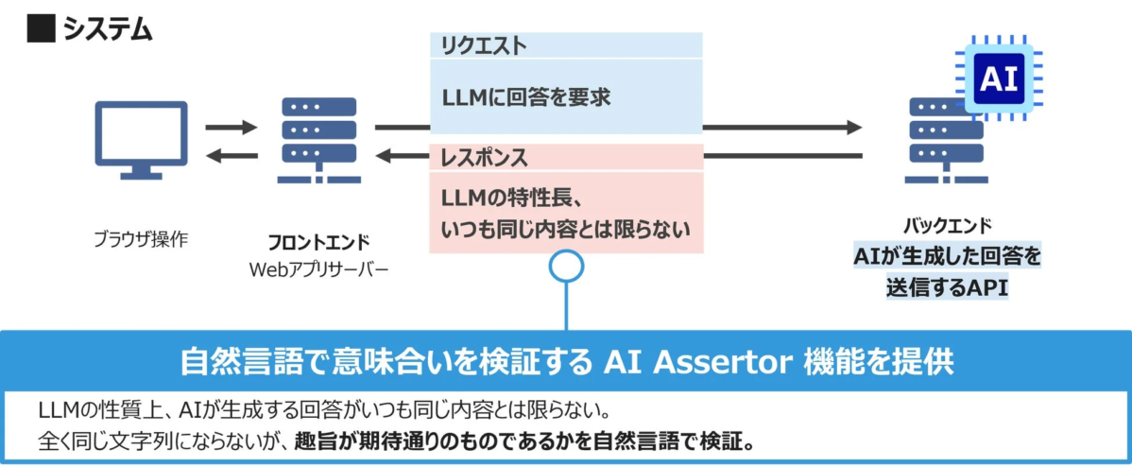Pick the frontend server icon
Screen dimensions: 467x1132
click(318, 140)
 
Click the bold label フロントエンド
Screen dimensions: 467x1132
click(318, 241)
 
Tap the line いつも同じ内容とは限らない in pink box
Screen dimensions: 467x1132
click(565, 228)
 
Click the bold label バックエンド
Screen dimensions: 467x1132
click(947, 226)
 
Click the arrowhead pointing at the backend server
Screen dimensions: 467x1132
click(854, 127)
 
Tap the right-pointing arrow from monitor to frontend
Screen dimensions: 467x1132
click(232, 127)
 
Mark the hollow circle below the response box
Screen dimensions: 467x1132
click(565, 268)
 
